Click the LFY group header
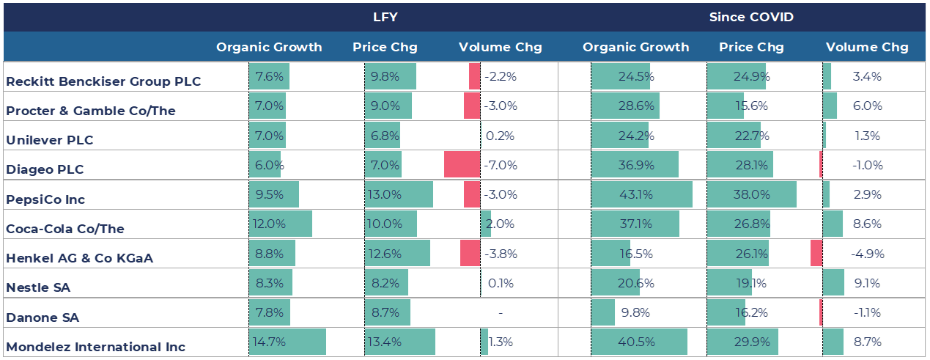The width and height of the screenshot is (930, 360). (385, 17)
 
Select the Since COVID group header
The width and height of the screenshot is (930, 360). (751, 17)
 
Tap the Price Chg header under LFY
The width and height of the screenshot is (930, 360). (385, 47)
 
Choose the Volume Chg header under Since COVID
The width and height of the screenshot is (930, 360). (867, 47)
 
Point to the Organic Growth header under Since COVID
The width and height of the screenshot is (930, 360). (635, 47)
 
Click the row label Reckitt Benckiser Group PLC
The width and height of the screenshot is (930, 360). (103, 81)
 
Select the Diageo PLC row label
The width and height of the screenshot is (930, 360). (45, 169)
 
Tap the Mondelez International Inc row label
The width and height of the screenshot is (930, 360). (95, 347)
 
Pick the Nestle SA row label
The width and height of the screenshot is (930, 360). (38, 287)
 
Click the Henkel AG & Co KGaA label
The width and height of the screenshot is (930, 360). (79, 258)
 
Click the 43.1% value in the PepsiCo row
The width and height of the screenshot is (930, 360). (636, 194)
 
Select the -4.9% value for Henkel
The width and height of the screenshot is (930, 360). (866, 254)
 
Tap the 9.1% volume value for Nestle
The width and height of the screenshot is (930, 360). (866, 283)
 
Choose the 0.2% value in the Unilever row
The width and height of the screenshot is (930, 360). (501, 136)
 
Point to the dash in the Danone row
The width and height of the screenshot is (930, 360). (501, 313)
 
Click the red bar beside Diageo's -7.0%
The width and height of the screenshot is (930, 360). (462, 164)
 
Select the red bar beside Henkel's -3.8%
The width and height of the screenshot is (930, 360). (470, 253)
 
